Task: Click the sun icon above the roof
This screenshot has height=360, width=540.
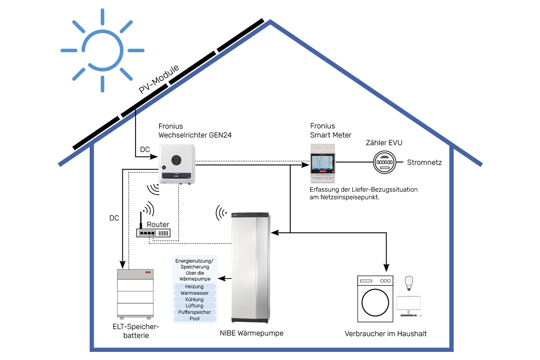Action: click(103, 50)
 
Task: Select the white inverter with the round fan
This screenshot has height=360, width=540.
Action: click(176, 164)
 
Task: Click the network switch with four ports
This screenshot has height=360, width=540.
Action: click(153, 233)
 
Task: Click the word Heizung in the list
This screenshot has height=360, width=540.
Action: click(194, 287)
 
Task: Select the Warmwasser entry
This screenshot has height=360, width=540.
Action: click(194, 293)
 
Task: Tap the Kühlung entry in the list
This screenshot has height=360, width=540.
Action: click(194, 299)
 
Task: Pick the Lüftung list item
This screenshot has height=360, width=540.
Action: click(194, 306)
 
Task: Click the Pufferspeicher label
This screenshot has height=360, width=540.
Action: click(194, 312)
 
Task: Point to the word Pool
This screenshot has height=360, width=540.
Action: click(194, 319)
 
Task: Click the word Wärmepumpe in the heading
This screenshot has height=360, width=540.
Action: click(194, 279)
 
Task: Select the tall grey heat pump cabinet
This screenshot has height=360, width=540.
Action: click(249, 268)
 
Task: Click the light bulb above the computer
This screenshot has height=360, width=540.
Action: click(408, 282)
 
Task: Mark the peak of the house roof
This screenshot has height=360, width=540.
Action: click(270, 21)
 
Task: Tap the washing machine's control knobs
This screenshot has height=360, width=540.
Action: click(385, 280)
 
